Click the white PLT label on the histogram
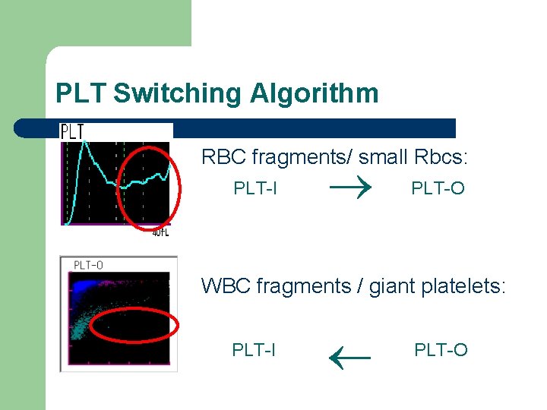(72, 132)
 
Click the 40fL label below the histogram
(160, 232)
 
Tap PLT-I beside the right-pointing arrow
(255, 188)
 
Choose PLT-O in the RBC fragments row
(438, 188)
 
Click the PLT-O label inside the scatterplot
(88, 265)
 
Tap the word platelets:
(463, 286)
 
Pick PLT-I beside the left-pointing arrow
(254, 349)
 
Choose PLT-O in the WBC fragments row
(441, 349)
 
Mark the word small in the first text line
(383, 157)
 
